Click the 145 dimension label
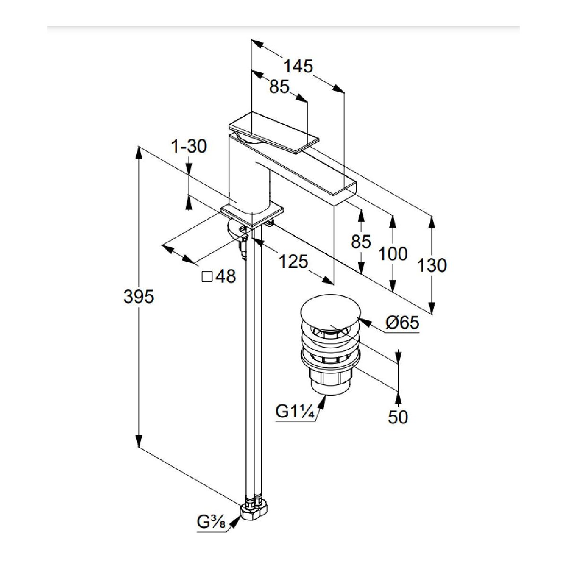tap(298, 67)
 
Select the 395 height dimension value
tap(138, 297)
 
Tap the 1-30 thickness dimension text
tap(189, 146)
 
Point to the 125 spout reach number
tap(293, 261)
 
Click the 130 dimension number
tap(432, 266)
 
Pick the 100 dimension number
tap(393, 254)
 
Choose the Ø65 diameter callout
tap(402, 323)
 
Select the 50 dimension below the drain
tap(397, 417)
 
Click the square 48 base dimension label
tap(219, 276)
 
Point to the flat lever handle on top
tap(273, 135)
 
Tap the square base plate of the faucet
tap(253, 213)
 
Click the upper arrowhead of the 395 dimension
tap(139, 152)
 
